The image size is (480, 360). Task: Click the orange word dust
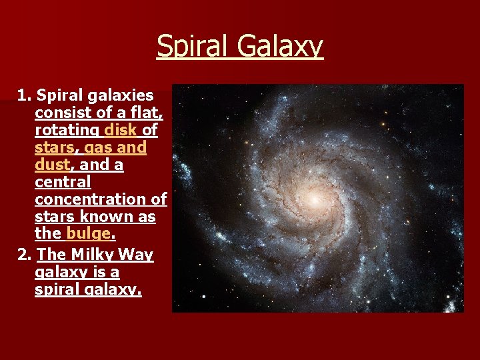52,165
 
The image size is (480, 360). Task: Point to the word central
63,182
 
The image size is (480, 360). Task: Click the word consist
61,113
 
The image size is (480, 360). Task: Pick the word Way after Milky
137,255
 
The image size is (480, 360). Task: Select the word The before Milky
51,255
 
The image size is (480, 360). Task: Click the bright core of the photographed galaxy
313,199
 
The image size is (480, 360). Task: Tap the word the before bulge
48,234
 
